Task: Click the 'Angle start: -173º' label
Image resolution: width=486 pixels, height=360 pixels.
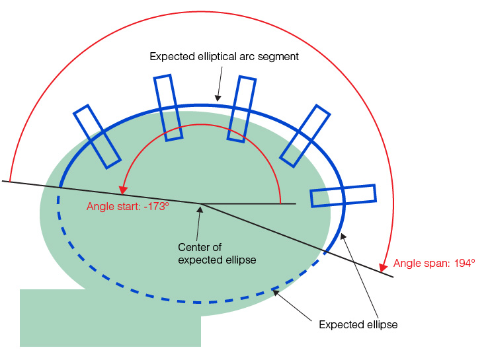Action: click(128, 206)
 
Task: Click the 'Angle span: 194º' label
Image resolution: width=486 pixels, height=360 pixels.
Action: click(434, 263)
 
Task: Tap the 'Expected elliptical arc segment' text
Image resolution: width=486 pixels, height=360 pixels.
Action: click(224, 57)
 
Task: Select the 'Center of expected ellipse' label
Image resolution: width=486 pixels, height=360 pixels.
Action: click(217, 253)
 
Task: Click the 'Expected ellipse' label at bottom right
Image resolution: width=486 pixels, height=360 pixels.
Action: click(358, 324)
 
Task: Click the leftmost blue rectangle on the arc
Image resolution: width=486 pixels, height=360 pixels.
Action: click(97, 136)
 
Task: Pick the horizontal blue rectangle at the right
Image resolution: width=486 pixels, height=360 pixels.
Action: click(343, 196)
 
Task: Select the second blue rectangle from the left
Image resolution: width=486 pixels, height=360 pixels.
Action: click(169, 108)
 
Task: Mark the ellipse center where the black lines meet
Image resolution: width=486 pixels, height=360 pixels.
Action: click(201, 203)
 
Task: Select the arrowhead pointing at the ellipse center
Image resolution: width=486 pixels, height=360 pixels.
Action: click(199, 209)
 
